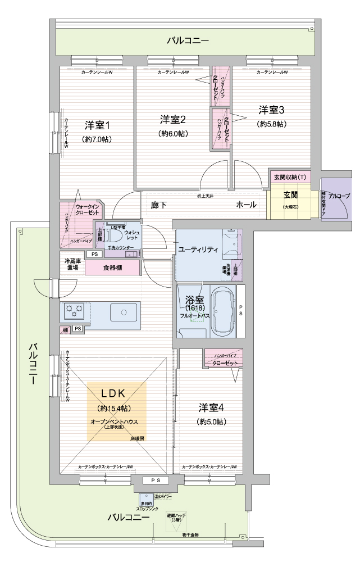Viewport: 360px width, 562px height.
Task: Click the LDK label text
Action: pyautogui.click(x=116, y=393)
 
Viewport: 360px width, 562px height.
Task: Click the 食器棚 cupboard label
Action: pyautogui.click(x=112, y=268)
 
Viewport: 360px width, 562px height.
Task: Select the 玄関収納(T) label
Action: pyautogui.click(x=290, y=178)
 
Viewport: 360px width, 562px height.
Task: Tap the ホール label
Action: pyautogui.click(x=247, y=205)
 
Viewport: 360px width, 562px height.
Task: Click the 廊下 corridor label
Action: pyautogui.click(x=159, y=205)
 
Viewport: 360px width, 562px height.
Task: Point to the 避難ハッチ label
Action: pyautogui.click(x=176, y=518)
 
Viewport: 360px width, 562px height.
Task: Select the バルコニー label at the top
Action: pyautogui.click(x=187, y=40)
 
